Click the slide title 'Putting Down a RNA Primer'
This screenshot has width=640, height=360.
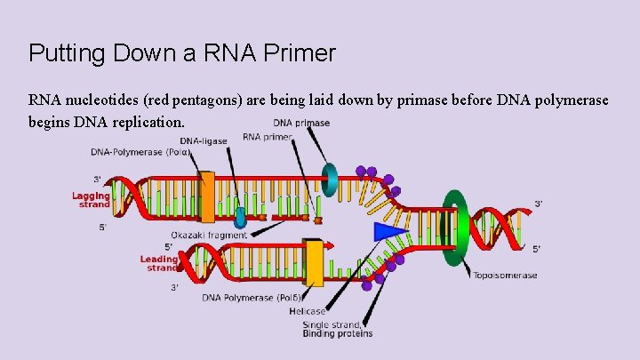(x=182, y=53)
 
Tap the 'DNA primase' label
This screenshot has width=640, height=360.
(x=301, y=123)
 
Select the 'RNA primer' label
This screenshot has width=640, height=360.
(x=268, y=137)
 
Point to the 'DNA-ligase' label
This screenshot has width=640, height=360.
(x=204, y=140)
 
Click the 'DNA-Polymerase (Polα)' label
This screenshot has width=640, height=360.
(x=140, y=152)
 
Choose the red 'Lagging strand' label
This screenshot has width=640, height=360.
(x=92, y=200)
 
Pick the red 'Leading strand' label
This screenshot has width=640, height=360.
(x=160, y=263)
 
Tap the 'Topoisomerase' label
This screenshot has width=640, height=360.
(x=505, y=276)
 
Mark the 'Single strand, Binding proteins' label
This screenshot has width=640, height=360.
(x=337, y=329)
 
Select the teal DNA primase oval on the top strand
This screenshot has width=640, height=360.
(x=330, y=179)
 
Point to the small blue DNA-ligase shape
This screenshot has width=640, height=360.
(x=241, y=216)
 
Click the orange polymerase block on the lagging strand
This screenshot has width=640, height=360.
(x=207, y=196)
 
